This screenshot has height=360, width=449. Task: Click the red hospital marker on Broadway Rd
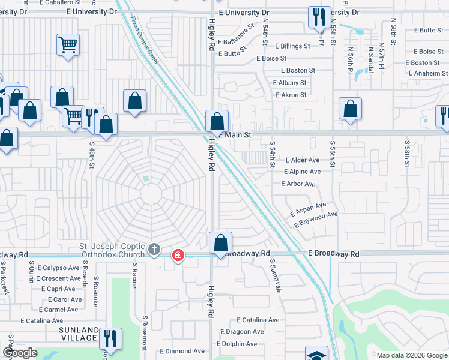[x=178, y=256]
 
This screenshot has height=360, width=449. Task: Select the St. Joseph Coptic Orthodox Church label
[x=113, y=251]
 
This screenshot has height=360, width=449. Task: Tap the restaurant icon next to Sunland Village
[x=110, y=338]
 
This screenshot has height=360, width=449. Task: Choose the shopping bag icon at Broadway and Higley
[x=221, y=244]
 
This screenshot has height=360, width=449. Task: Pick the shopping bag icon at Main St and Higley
[x=216, y=121]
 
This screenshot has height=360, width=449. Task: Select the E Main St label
[x=237, y=136]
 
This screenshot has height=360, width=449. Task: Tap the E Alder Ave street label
[x=303, y=160]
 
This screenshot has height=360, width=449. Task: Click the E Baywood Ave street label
[x=316, y=219]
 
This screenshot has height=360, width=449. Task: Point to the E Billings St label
[x=292, y=46]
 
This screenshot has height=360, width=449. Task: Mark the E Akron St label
[x=291, y=95]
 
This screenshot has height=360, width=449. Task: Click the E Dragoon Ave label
[x=242, y=332]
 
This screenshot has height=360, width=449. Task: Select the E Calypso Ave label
[x=58, y=268]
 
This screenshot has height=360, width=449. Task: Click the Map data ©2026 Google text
[x=411, y=355]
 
